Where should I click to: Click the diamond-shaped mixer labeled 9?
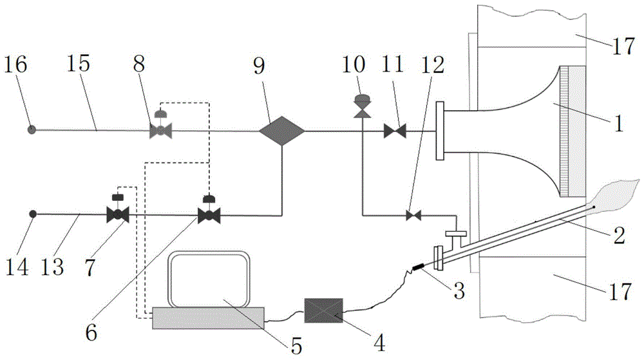coord(281,131)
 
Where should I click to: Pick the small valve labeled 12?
coord(410,215)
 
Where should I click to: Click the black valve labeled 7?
coord(117,215)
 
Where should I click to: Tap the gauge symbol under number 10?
coord(362,101)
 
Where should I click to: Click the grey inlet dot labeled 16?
coord(31,129)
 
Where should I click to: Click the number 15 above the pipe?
coord(79,66)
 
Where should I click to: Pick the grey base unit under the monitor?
coord(208,317)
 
